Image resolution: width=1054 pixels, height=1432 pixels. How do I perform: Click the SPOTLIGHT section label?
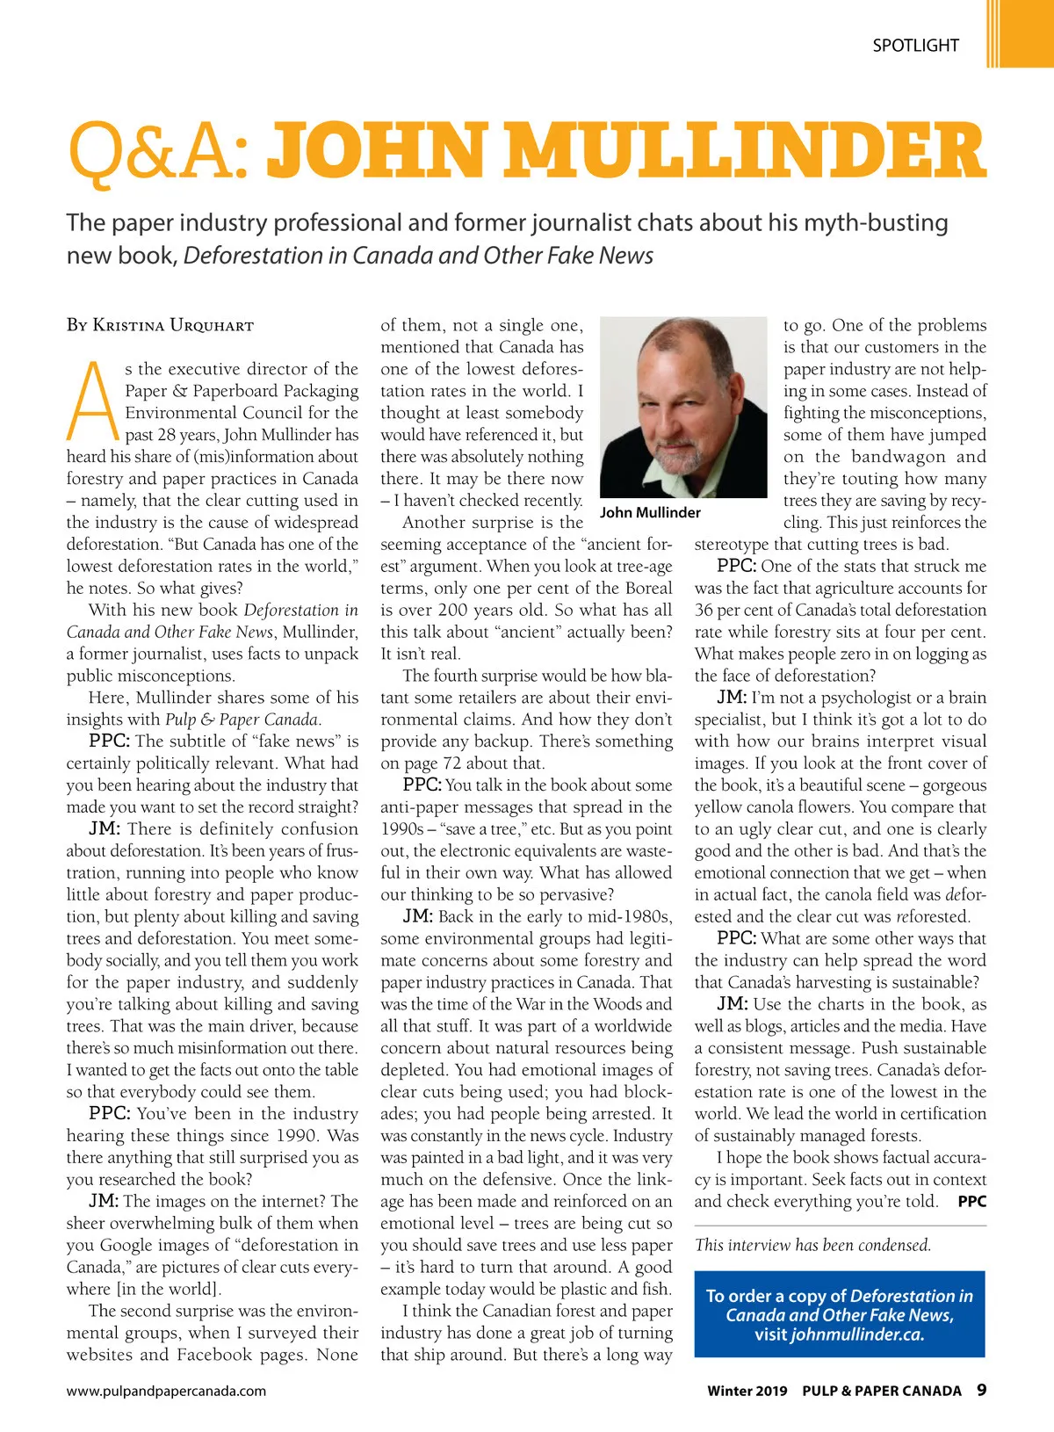point(915,46)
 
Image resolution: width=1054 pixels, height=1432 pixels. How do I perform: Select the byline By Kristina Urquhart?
point(160,325)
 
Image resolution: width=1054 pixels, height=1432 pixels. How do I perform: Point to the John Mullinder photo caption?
point(650,512)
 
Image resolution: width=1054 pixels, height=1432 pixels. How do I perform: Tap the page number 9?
point(981,1390)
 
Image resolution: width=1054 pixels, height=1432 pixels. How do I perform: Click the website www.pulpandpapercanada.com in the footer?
point(166,1391)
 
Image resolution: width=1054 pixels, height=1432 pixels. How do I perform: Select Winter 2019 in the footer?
point(747,1391)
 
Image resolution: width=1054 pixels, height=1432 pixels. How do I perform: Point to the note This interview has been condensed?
point(812,1245)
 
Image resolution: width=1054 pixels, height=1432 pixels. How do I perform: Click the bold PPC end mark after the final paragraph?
point(971,1202)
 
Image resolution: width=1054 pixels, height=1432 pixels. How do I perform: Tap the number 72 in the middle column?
point(452,763)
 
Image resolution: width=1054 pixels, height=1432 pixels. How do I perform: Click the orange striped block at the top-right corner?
point(1019,33)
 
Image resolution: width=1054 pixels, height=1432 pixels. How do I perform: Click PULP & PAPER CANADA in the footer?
point(882,1391)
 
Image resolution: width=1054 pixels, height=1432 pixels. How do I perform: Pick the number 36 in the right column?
point(704,611)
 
